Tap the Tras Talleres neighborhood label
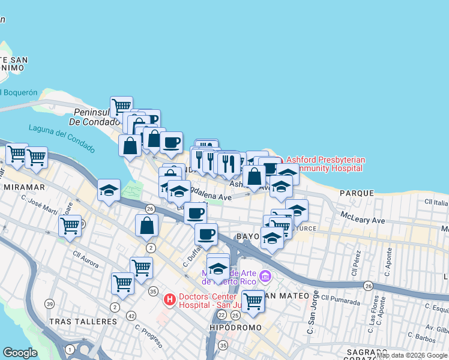click(83, 322)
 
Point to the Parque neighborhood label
click(357, 193)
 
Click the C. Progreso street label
click(148, 336)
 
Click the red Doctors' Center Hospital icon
click(170, 299)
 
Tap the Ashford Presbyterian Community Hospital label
click(325, 164)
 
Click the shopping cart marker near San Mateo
click(253, 301)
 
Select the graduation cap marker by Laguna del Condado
click(109, 191)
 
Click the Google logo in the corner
click(19, 353)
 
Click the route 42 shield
click(131, 316)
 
